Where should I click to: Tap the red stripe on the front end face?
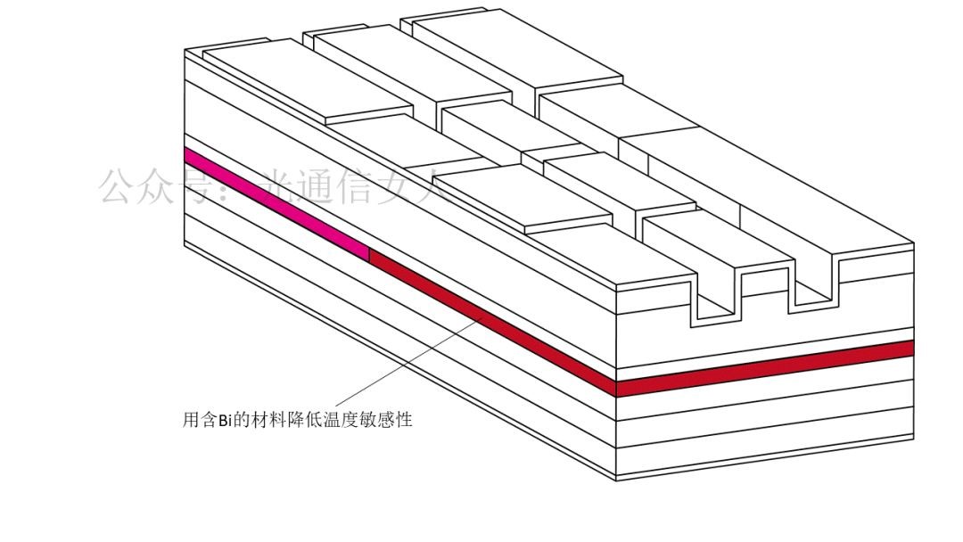click(x=765, y=366)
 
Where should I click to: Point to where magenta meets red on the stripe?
click(x=368, y=254)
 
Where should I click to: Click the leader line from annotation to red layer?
click(x=401, y=365)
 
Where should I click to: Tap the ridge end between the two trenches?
click(x=765, y=282)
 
